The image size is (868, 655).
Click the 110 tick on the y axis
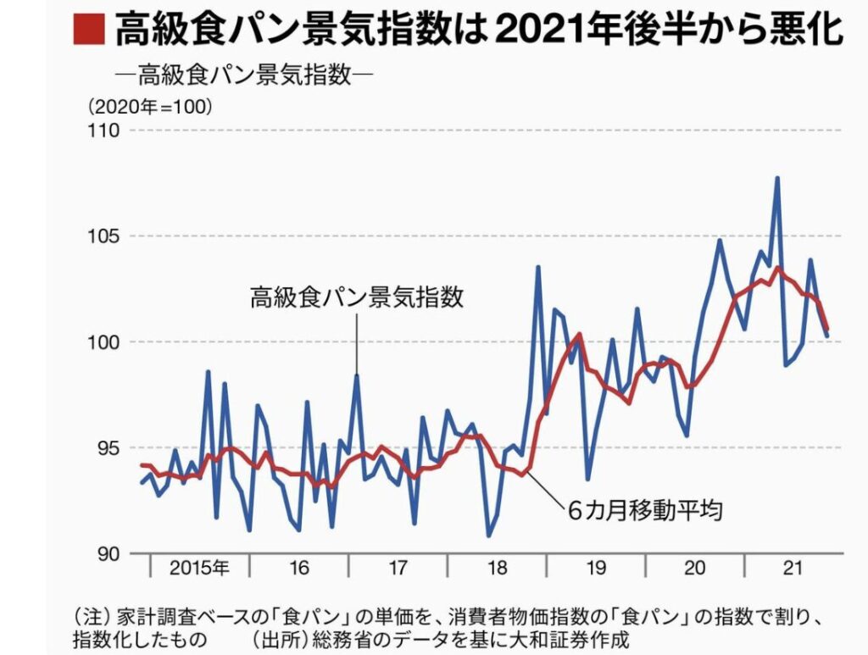coord(106,130)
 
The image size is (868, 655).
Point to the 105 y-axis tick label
coord(106,236)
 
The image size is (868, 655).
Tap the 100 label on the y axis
coord(106,342)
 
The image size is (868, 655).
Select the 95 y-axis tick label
coord(110,448)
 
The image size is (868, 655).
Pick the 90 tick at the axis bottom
coord(110,554)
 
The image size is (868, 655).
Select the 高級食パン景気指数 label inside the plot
coord(357,297)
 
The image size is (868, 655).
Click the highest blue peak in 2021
coord(776,178)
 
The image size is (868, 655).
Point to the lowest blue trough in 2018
coord(489,536)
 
